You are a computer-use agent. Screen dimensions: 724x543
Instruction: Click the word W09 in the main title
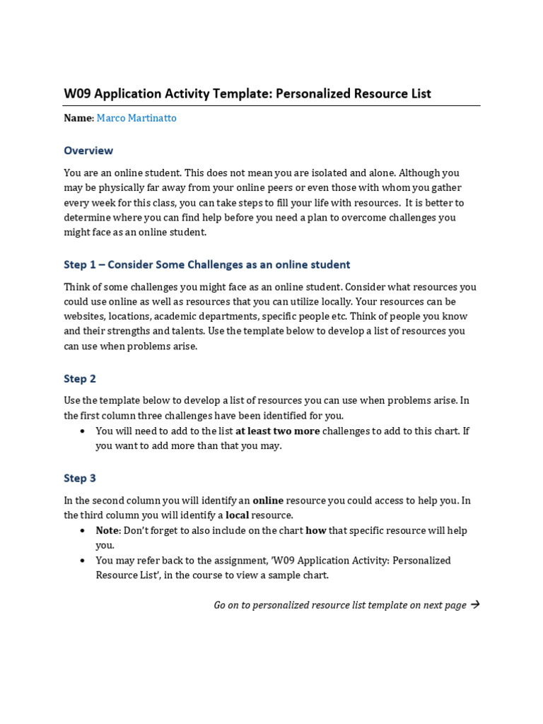click(77, 94)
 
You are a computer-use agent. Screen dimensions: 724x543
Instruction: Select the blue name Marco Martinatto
click(136, 118)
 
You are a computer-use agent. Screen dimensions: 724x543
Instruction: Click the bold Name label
click(78, 118)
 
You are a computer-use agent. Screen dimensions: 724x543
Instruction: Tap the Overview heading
click(88, 151)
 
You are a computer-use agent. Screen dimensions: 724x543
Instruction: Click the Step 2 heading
click(79, 379)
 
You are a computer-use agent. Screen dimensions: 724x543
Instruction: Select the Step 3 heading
click(79, 479)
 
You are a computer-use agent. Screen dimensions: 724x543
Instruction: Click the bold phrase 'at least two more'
click(277, 431)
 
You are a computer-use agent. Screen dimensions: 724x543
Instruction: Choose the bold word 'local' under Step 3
click(237, 515)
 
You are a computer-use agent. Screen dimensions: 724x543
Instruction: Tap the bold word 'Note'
click(108, 531)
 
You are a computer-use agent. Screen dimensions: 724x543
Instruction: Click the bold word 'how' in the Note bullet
click(315, 531)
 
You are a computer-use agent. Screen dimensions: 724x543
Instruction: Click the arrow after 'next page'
click(474, 605)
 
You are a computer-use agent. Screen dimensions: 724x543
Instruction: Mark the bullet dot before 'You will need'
click(83, 431)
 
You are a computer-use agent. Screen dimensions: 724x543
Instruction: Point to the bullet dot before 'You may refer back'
click(83, 561)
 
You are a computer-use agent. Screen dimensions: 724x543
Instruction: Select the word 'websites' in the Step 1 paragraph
click(84, 317)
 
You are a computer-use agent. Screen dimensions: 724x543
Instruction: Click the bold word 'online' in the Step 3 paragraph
click(268, 501)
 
